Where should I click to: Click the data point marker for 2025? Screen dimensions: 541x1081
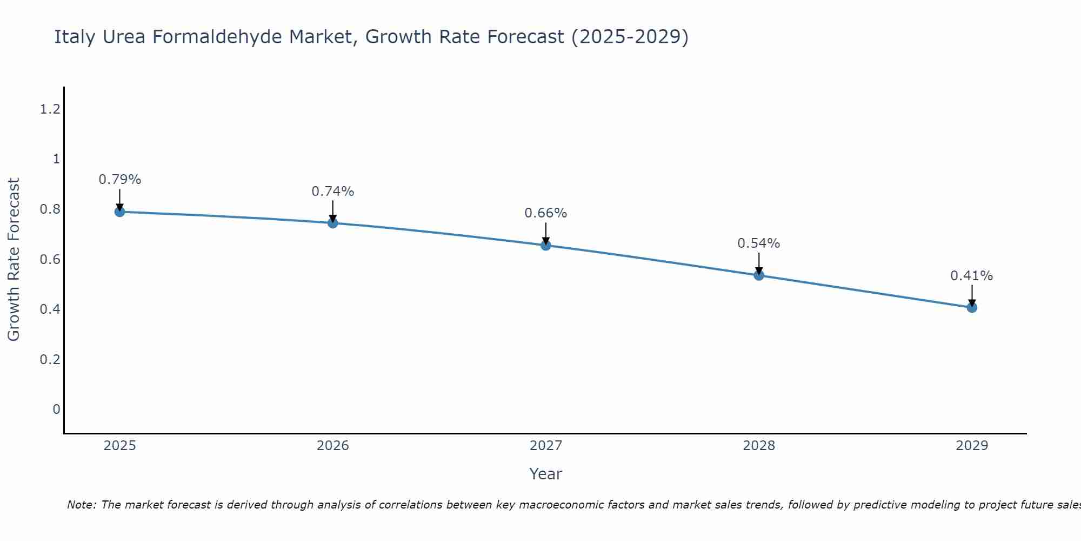click(120, 212)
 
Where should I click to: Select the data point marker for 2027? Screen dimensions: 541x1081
click(546, 245)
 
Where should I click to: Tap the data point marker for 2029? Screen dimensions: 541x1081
click(972, 307)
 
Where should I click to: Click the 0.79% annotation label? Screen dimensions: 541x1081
click(120, 180)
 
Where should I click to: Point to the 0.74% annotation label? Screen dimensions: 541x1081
click(333, 192)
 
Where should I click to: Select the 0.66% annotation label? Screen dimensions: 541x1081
click(546, 213)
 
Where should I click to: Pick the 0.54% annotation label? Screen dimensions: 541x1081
click(759, 243)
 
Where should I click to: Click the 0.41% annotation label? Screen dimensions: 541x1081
click(972, 276)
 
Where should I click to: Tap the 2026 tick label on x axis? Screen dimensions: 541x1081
click(333, 446)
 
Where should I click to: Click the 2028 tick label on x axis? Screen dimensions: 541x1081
click(759, 446)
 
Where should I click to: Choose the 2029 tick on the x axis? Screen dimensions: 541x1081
click(972, 446)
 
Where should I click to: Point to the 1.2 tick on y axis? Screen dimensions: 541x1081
click(50, 109)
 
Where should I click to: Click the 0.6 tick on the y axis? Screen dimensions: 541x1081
click(50, 259)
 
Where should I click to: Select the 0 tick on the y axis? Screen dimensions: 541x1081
click(56, 409)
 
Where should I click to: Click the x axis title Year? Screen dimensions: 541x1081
click(546, 474)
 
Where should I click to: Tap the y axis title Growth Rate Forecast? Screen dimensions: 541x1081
click(14, 260)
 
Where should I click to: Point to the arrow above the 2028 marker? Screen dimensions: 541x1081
click(759, 263)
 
